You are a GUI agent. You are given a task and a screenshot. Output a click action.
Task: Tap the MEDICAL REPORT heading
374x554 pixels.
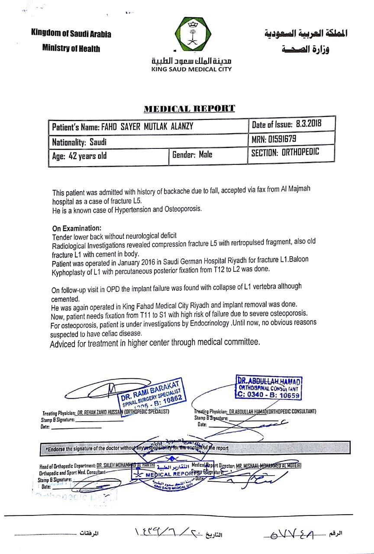point(189,108)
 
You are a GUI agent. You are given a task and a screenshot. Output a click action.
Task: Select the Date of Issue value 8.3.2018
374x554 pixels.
point(309,124)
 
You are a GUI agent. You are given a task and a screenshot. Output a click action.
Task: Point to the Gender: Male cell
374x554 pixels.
point(192,154)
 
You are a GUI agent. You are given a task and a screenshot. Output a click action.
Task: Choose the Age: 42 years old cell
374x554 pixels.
point(79,156)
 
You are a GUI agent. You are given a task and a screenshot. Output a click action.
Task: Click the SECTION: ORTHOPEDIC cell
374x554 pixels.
point(285,152)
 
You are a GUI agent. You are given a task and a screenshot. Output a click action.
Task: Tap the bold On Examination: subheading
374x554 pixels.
point(77,228)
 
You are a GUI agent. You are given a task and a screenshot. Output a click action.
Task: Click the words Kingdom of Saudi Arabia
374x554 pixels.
point(71,33)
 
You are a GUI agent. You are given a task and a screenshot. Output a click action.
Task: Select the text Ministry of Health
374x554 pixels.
point(71,48)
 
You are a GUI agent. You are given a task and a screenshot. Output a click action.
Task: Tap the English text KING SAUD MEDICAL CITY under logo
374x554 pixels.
point(191,69)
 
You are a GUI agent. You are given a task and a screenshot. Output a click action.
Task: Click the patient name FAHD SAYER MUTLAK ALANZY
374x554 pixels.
point(147,127)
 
